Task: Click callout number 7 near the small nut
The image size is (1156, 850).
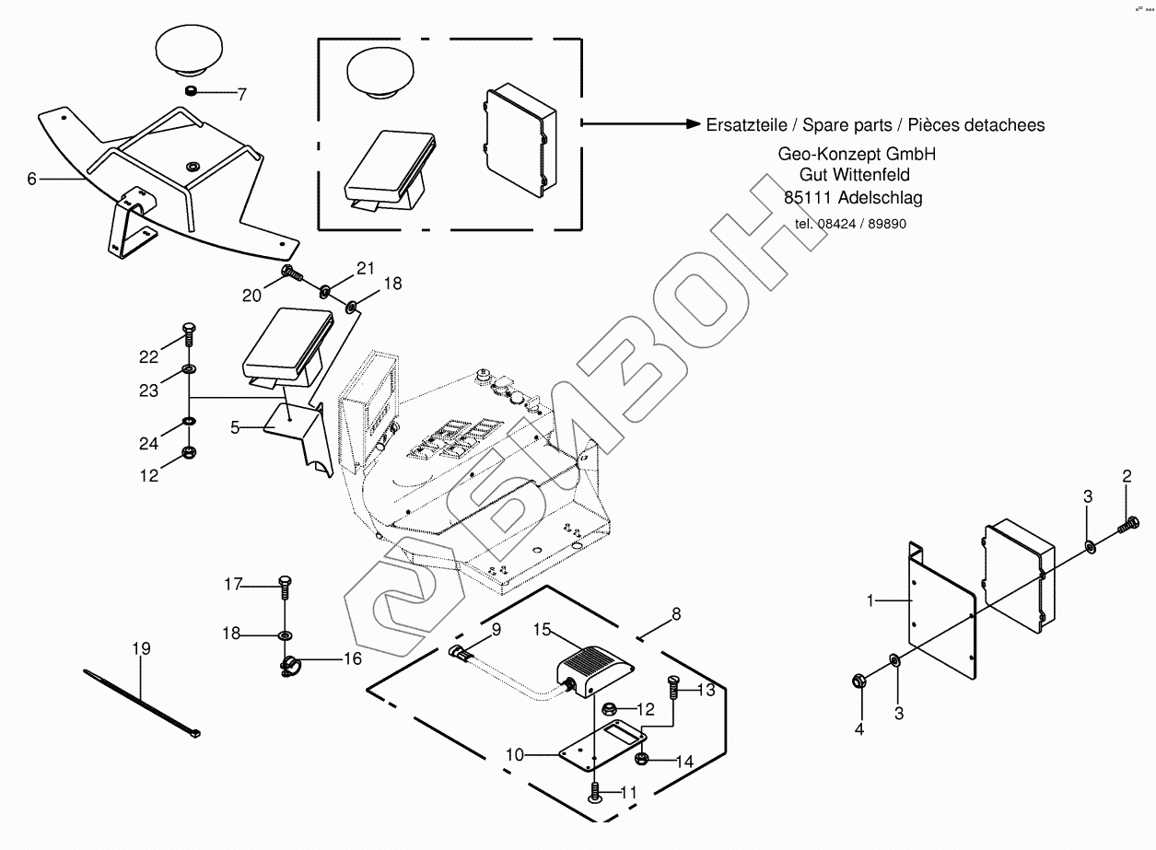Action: pos(242,93)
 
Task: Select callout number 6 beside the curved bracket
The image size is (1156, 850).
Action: pos(31,179)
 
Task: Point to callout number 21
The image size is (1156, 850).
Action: pos(366,269)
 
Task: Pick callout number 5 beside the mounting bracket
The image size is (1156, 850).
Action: pos(235,427)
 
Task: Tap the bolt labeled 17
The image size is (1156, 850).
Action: pos(284,584)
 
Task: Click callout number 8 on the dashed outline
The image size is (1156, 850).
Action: pos(676,613)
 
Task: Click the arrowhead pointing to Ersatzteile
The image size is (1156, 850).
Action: pos(692,124)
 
